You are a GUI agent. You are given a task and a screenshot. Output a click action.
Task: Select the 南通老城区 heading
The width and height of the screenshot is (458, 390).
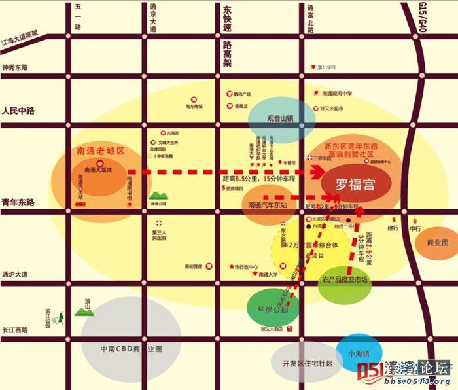pyautogui.click(x=100, y=151)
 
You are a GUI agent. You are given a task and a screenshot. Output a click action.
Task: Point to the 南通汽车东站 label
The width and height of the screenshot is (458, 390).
pyautogui.click(x=268, y=205)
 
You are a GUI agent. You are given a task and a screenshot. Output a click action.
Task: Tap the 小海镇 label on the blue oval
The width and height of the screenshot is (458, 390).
pyautogui.click(x=359, y=353)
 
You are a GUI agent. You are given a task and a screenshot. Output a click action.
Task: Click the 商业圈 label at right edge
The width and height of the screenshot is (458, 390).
pyautogui.click(x=437, y=242)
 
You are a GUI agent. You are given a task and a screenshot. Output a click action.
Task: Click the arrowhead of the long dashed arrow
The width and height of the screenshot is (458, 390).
pyautogui.click(x=320, y=172)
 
